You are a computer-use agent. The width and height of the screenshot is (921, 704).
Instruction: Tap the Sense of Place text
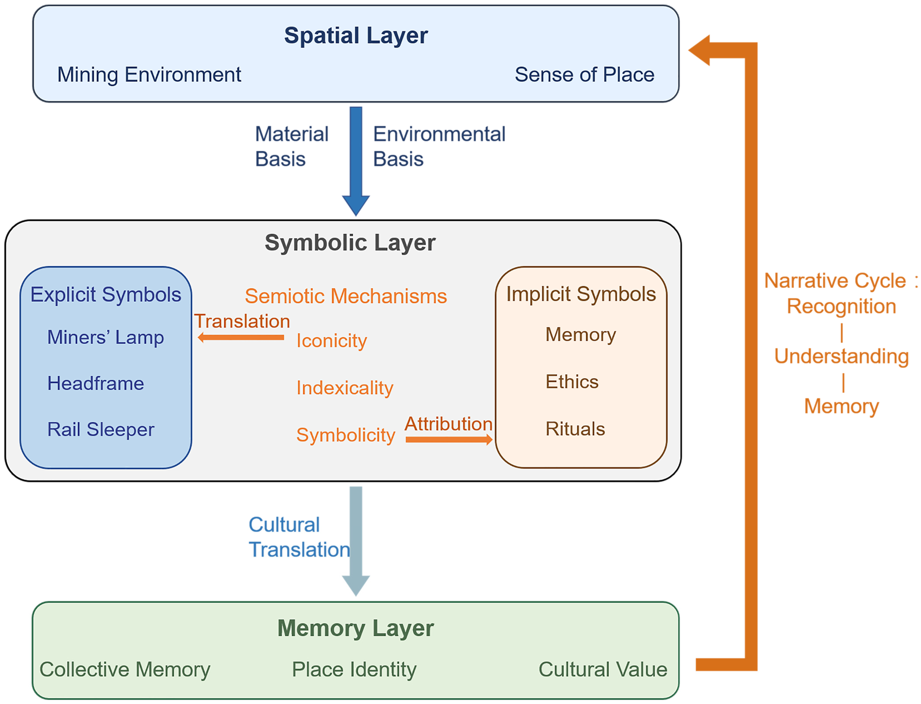584,75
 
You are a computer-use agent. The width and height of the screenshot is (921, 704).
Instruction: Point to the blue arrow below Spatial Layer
356,161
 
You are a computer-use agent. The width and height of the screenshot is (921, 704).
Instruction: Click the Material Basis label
291,146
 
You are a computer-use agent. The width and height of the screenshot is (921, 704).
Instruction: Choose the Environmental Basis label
439,146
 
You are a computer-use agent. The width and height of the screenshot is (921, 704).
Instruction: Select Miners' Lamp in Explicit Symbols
105,337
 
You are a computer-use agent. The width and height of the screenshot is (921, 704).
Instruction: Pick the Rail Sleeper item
101,429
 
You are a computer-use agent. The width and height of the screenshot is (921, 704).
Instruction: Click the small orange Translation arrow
241,337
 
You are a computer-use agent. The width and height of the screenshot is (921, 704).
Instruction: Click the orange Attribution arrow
449,439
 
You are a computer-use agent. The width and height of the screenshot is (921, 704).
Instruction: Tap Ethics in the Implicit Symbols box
572,382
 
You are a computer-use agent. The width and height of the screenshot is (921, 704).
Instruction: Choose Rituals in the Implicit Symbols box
575,429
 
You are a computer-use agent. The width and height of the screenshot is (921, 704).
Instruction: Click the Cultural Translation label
299,537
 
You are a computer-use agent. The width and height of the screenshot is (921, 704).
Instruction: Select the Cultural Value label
603,669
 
